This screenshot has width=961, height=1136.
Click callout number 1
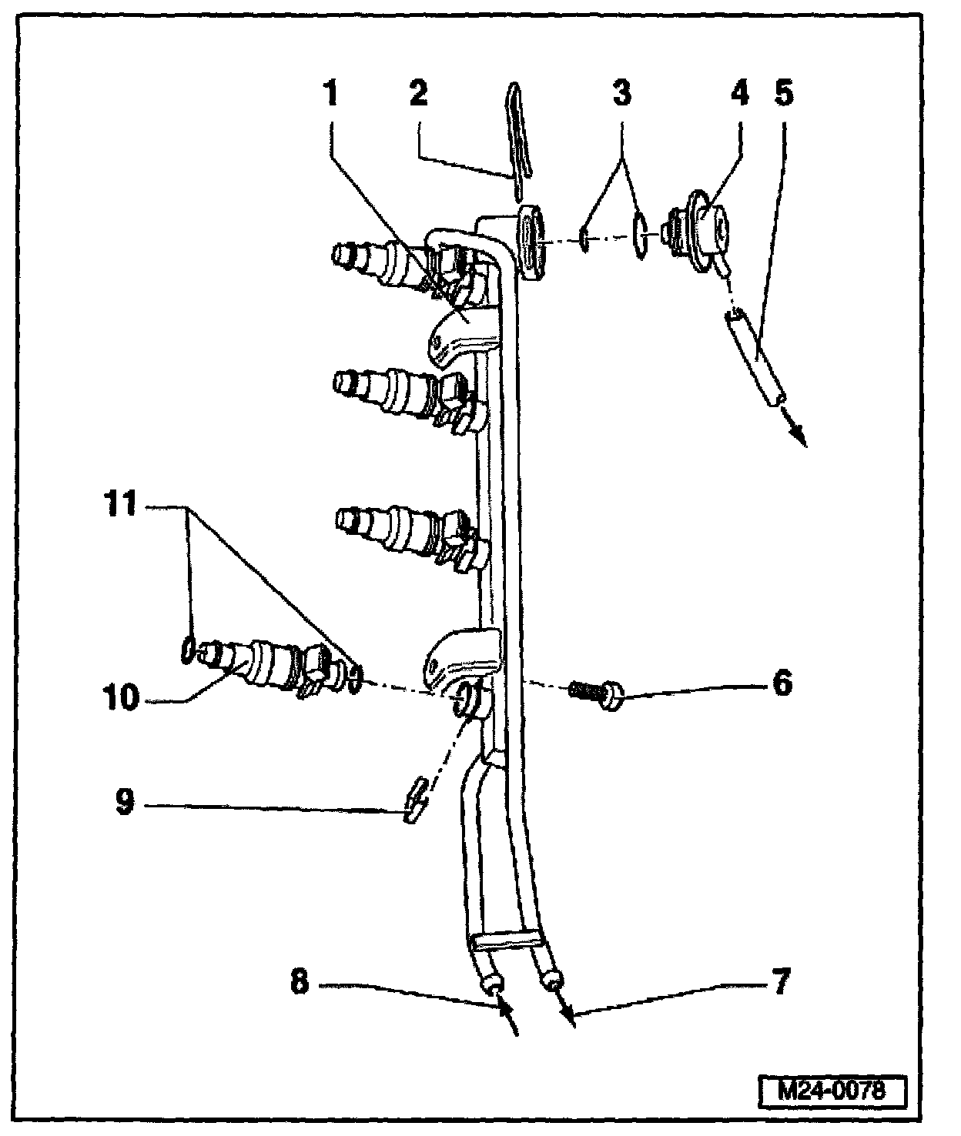click(x=330, y=95)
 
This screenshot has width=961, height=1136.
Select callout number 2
click(x=419, y=95)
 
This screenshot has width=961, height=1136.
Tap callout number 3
click(x=621, y=95)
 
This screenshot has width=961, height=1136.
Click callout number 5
click(x=783, y=95)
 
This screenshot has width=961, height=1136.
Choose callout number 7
click(x=781, y=983)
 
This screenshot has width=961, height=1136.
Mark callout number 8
click(x=300, y=983)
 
